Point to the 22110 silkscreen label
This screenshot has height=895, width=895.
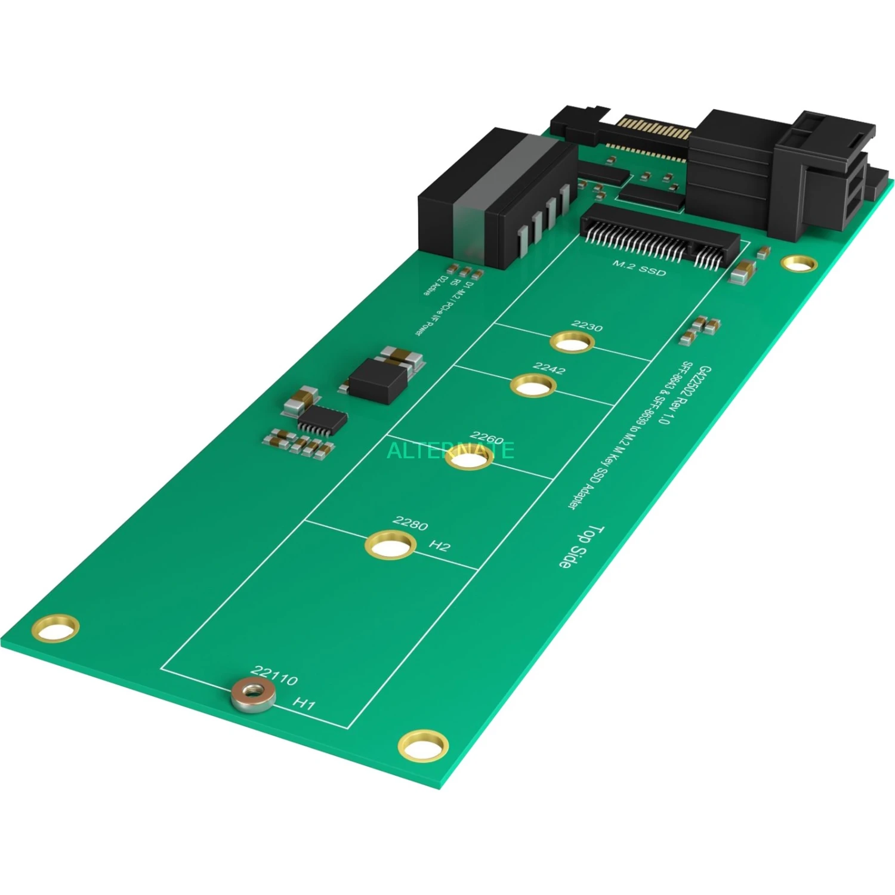pyautogui.click(x=274, y=675)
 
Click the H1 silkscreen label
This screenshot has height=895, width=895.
pyautogui.click(x=304, y=703)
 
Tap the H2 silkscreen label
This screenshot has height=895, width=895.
pyautogui.click(x=440, y=545)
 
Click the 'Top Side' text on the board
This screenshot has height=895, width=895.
pyautogui.click(x=581, y=546)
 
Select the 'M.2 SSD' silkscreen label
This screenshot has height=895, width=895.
pyautogui.click(x=639, y=268)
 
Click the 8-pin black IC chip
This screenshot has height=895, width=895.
pyautogui.click(x=322, y=421)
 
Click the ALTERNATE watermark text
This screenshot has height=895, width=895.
pyautogui.click(x=450, y=450)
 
